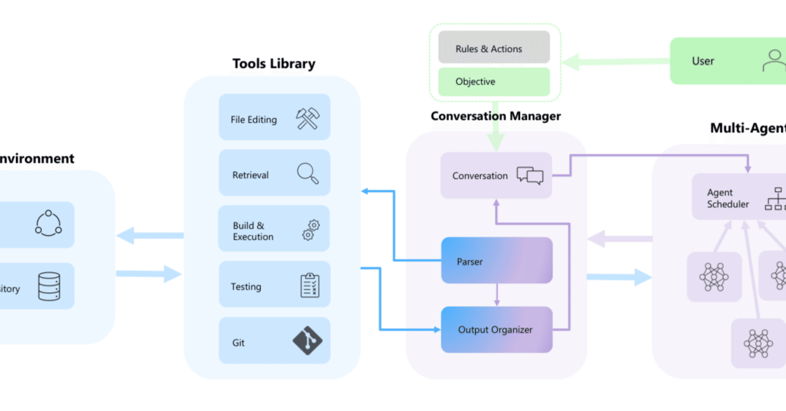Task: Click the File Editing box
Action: [274, 117]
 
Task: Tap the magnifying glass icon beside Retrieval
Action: [308, 174]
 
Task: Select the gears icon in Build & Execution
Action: [311, 230]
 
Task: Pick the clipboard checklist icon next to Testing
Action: [310, 285]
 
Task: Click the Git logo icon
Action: [308, 340]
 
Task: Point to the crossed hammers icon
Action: [307, 118]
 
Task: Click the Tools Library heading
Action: [274, 64]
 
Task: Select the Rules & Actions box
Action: [494, 48]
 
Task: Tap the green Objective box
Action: [494, 82]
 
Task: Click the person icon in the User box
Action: [774, 61]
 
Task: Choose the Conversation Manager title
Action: [496, 116]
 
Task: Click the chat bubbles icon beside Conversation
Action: [530, 175]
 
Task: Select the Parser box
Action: [497, 261]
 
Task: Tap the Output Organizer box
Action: [497, 329]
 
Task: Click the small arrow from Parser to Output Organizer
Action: [497, 295]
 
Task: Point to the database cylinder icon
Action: [49, 286]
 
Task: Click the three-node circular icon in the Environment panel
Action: [49, 223]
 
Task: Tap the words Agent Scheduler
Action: [728, 198]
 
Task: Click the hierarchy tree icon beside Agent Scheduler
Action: [775, 199]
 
